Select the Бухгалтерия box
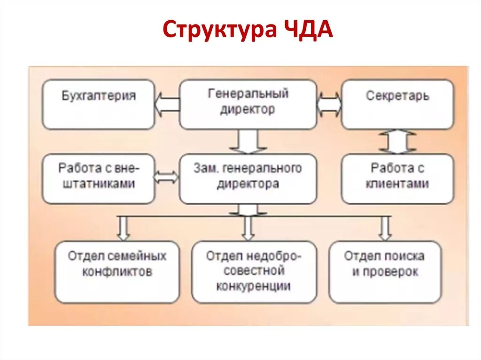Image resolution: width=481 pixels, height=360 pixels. (99, 104)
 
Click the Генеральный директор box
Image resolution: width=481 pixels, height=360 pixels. (248, 104)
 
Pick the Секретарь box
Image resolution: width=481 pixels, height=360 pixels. (397, 104)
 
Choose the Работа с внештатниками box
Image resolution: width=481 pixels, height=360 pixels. (99, 178)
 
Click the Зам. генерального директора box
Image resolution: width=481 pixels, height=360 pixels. (248, 178)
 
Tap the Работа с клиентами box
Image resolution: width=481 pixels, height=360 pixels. (397, 178)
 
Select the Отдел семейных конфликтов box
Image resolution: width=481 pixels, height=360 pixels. (117, 272)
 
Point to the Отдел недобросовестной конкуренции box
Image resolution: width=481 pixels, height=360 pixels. (254, 272)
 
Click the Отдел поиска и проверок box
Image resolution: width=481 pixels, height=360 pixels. (385, 272)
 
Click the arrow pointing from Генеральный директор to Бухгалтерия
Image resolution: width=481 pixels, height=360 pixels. (167, 104)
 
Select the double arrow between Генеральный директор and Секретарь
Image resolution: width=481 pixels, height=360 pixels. (329, 104)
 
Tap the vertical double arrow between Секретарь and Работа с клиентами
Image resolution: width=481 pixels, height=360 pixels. (397, 142)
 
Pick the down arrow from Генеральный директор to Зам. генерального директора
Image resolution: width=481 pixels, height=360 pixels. (248, 141)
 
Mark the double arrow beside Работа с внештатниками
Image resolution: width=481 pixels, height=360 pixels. (167, 177)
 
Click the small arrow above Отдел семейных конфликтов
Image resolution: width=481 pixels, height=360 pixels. (124, 228)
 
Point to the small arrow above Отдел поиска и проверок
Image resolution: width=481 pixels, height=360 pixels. (385, 228)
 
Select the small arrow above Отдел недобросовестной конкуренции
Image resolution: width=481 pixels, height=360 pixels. (248, 228)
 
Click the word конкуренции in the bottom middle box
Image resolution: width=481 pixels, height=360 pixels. (254, 286)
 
